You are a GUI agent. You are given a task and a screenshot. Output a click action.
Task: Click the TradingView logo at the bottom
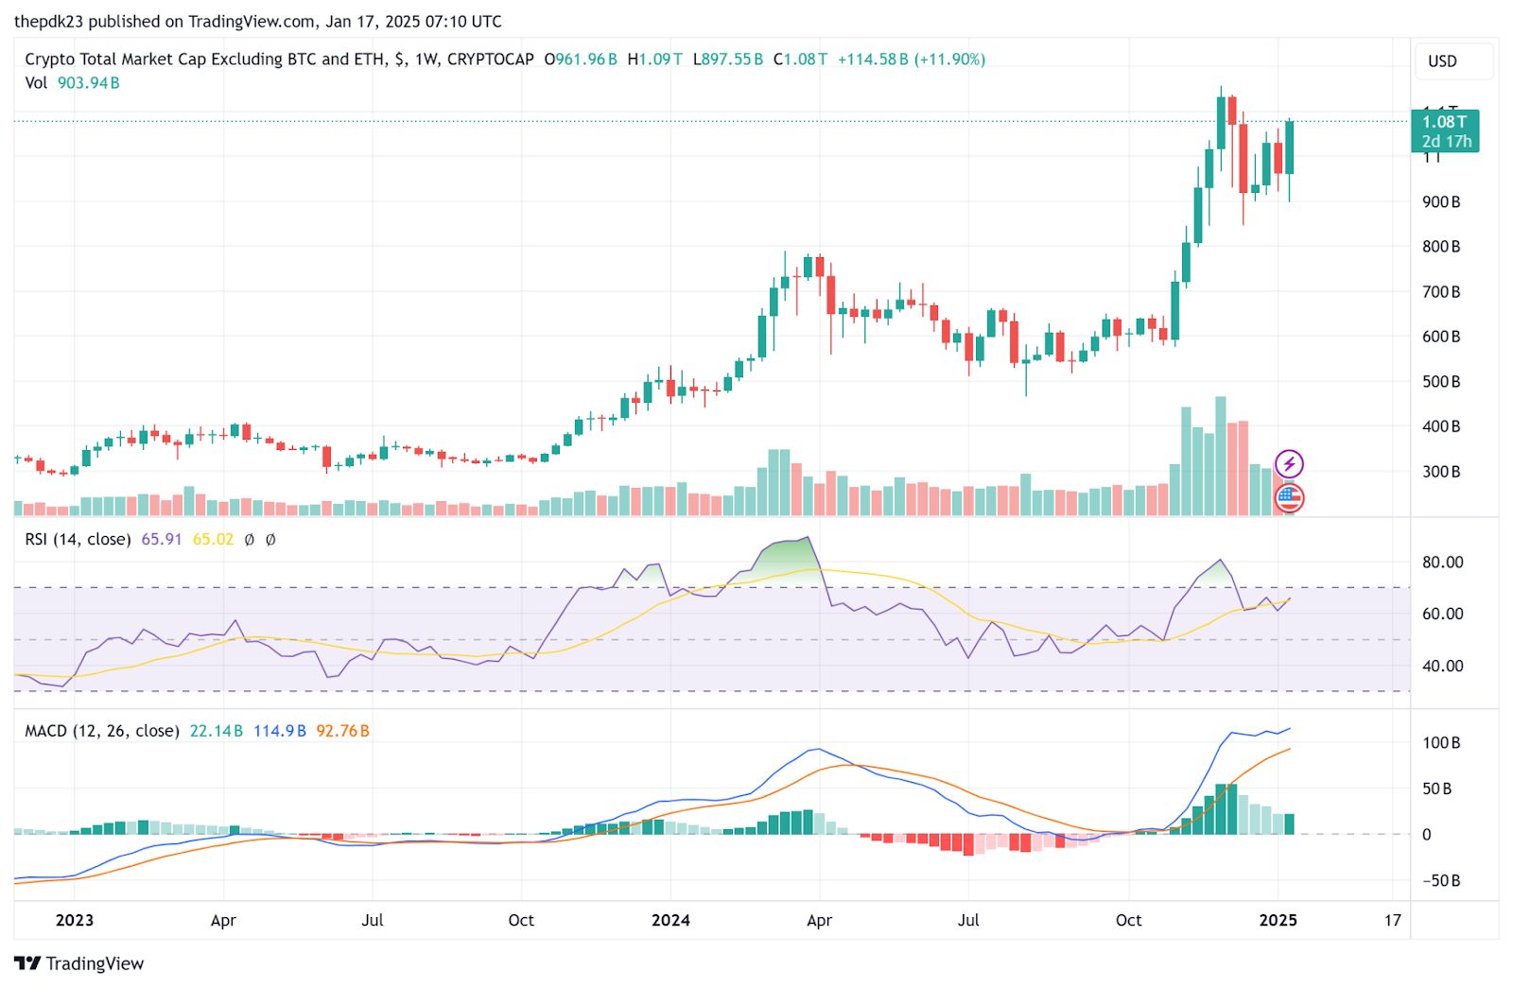(x=79, y=963)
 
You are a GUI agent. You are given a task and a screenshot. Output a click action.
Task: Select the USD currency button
(x=1442, y=61)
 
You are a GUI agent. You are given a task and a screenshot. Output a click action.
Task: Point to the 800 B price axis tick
(x=1441, y=247)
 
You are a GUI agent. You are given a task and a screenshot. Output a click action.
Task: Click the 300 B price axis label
(x=1441, y=472)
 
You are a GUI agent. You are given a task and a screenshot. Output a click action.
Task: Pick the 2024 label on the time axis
(x=670, y=920)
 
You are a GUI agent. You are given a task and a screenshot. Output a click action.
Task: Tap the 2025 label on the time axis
(x=1278, y=920)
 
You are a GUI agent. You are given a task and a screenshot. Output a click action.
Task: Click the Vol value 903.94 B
(x=88, y=83)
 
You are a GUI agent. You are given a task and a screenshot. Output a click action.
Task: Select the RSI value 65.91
(x=161, y=540)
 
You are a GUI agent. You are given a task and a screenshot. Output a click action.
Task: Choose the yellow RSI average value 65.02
(x=213, y=540)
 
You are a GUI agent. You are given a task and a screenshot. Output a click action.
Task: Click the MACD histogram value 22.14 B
(x=217, y=731)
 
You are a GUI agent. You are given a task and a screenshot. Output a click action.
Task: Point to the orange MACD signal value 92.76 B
(x=342, y=731)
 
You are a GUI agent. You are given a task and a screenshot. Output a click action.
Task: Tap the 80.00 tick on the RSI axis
(x=1442, y=563)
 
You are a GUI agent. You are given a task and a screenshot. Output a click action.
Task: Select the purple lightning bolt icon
(x=1289, y=464)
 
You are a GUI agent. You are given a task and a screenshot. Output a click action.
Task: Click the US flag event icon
(x=1289, y=497)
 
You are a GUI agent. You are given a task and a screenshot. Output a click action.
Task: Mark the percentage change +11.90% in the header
(x=950, y=60)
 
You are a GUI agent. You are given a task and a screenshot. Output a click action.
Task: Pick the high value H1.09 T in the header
(x=654, y=60)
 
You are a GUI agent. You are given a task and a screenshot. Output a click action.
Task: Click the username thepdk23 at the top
(x=49, y=22)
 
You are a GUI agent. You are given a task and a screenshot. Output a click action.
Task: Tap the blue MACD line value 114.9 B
(x=280, y=731)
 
